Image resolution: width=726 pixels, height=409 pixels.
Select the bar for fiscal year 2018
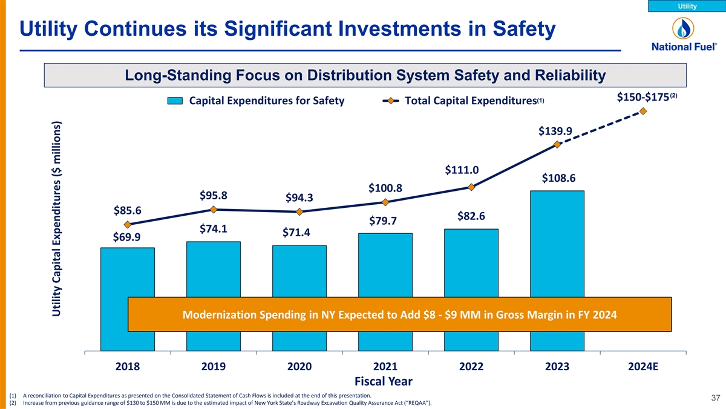[128, 273]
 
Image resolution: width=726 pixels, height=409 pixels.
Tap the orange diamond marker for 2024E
[643, 111]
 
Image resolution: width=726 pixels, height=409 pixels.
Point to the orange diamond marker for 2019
[214, 210]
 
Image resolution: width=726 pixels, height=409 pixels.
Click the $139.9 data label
[555, 131]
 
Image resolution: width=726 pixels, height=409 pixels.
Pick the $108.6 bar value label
[558, 178]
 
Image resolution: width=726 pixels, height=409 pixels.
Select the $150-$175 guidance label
[647, 98]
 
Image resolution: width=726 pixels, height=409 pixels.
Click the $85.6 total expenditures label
[127, 211]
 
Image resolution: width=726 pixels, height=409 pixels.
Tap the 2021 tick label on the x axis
[385, 367]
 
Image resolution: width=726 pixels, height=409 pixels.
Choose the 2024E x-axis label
[643, 367]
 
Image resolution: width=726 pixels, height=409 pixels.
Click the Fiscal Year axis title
[385, 381]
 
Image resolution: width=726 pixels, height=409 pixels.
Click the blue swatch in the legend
[175, 101]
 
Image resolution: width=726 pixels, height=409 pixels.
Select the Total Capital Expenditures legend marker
[390, 101]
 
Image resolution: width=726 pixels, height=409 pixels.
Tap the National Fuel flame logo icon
[684, 28]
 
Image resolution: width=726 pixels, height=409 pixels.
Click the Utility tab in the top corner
[687, 6]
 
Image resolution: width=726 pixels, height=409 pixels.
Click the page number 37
[715, 398]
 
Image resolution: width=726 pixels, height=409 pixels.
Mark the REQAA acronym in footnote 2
[417, 404]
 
